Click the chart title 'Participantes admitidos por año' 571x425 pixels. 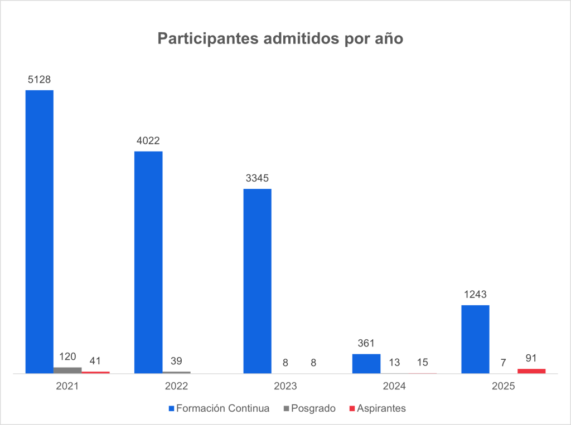280,39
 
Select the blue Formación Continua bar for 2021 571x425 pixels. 40,231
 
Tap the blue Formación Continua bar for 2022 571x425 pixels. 148,262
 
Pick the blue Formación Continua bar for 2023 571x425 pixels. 258,281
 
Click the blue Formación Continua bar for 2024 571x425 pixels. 366,363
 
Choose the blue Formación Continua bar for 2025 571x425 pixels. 476,339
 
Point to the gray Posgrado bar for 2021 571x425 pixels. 67,370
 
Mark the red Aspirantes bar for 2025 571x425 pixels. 531,370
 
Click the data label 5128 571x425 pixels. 40,80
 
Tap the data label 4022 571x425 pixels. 148,141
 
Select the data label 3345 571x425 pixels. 258,178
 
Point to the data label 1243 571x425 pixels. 476,295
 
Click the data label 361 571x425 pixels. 366,344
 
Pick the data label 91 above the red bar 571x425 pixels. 531,358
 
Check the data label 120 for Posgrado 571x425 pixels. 67,356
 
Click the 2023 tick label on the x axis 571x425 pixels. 285,385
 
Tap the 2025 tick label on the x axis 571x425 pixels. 504,385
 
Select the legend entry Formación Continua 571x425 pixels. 222,408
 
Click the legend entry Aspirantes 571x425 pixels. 381,408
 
